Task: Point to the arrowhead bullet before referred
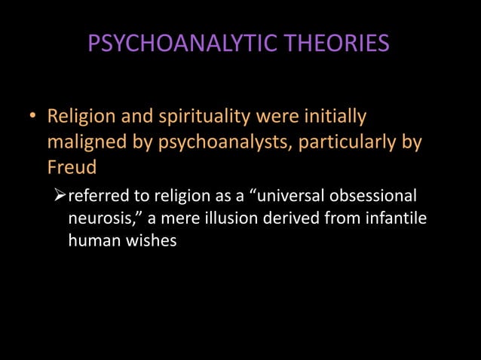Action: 59,197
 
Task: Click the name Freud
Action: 72,167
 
